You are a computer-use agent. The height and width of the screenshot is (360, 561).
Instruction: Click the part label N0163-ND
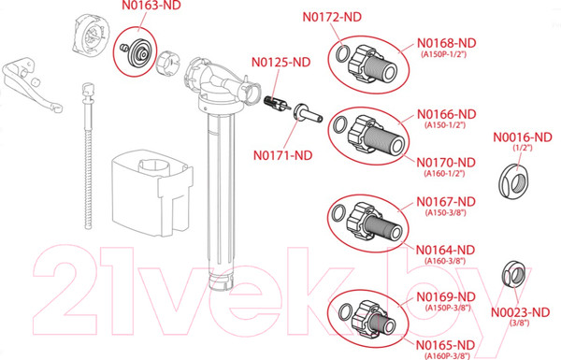tap(151, 6)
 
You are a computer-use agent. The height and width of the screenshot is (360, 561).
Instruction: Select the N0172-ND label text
tap(332, 17)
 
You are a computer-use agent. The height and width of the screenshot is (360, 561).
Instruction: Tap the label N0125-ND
tap(280, 62)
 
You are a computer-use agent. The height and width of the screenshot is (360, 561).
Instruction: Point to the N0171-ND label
tap(282, 155)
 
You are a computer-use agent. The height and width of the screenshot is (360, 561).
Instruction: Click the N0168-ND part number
tap(447, 43)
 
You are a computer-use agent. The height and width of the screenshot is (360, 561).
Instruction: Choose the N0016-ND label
tap(523, 137)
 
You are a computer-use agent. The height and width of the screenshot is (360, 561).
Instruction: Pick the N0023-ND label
tap(520, 312)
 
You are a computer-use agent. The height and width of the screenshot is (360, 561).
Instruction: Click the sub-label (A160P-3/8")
tap(447, 356)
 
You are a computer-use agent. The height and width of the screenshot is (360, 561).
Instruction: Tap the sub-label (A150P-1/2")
tap(443, 54)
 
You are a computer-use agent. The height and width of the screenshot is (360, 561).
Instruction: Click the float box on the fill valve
tap(152, 193)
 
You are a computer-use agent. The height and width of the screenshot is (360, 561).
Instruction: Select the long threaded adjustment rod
tap(88, 155)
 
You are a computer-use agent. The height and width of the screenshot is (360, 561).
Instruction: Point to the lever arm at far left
tap(31, 86)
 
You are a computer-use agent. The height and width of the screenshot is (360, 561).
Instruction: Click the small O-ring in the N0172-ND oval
tap(341, 54)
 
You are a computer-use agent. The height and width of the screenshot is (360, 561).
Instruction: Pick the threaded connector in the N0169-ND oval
tap(373, 320)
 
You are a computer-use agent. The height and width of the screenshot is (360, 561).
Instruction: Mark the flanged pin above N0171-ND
tap(308, 114)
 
